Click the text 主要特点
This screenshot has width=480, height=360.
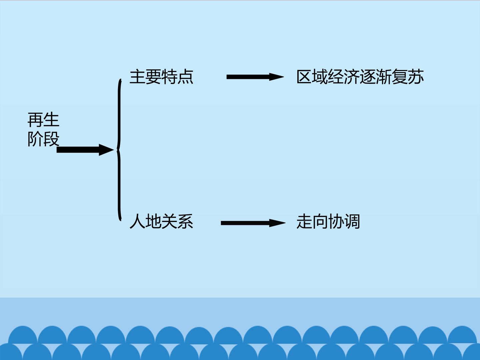161,77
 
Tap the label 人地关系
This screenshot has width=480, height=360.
161,221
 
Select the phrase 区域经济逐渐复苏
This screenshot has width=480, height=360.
360,77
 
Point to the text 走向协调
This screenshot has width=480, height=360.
328,221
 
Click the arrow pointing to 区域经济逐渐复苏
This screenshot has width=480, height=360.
255,77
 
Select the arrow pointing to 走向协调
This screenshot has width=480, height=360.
253,223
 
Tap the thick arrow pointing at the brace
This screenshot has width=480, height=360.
85,150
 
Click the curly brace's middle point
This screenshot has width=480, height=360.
117,150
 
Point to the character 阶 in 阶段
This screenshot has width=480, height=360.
35,139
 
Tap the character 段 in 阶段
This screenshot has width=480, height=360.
51,139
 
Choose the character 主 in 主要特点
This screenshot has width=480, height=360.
138,77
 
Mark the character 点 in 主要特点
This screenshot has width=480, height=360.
185,77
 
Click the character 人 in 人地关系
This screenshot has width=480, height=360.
138,221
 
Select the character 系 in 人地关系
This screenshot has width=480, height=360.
185,221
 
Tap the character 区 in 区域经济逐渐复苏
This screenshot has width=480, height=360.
304,77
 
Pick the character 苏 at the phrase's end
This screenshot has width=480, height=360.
416,77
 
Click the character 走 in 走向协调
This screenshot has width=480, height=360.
304,221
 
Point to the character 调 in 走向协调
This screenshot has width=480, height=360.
352,221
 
